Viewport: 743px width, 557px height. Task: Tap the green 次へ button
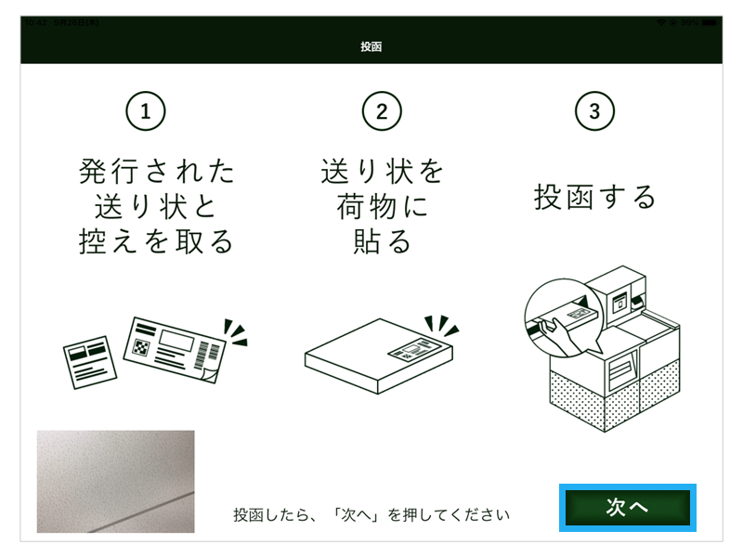click(627, 507)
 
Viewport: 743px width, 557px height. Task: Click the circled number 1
click(145, 111)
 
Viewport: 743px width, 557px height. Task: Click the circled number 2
click(382, 111)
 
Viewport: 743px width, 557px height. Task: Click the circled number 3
click(595, 111)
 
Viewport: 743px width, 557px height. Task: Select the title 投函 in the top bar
click(371, 46)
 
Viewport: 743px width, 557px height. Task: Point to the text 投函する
click(595, 197)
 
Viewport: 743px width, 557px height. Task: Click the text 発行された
click(157, 172)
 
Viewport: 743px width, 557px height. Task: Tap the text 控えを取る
click(157, 241)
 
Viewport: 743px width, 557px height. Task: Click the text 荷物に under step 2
click(382, 206)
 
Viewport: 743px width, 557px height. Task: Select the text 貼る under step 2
click(382, 241)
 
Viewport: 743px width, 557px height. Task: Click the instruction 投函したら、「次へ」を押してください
click(371, 513)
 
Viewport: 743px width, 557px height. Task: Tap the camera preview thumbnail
click(115, 481)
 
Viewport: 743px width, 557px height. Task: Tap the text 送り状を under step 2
click(382, 172)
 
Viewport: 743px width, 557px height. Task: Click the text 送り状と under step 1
click(157, 206)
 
